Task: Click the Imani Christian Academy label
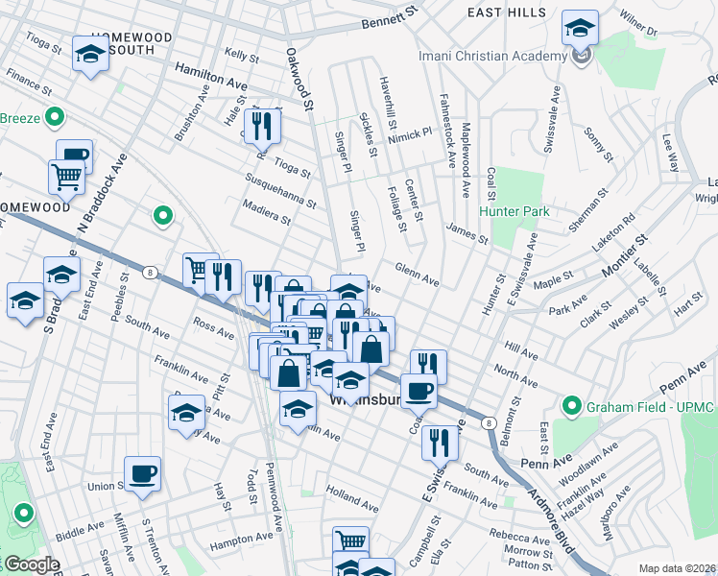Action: [493, 55]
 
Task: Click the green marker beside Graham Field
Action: [573, 406]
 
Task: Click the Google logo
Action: [31, 564]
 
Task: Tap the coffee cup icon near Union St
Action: [142, 473]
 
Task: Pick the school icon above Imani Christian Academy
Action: [580, 28]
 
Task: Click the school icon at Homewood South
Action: [90, 54]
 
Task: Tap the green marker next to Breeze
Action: [55, 119]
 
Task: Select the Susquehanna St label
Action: [279, 191]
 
